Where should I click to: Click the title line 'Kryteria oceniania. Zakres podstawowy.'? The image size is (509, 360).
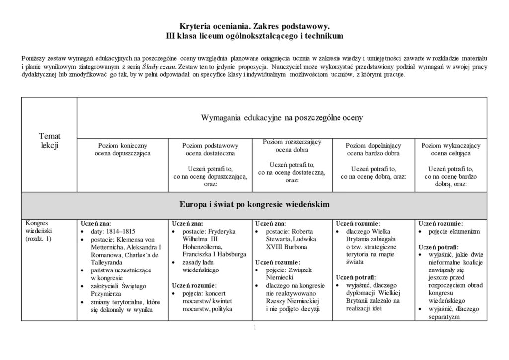[x=254, y=27]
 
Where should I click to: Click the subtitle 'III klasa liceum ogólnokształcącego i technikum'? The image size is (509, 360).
[x=254, y=36]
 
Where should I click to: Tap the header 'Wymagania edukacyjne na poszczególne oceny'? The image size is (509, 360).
[x=281, y=118]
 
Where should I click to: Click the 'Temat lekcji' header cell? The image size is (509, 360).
[x=49, y=141]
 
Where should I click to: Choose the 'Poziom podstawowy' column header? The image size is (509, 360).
[x=210, y=145]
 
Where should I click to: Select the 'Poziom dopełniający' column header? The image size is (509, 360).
[x=373, y=145]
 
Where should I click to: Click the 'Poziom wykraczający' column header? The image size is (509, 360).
[x=450, y=145]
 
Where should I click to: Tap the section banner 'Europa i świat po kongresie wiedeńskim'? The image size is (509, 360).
[x=254, y=204]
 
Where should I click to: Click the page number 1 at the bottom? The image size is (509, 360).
[x=254, y=327]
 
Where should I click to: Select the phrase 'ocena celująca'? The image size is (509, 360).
[x=450, y=153]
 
